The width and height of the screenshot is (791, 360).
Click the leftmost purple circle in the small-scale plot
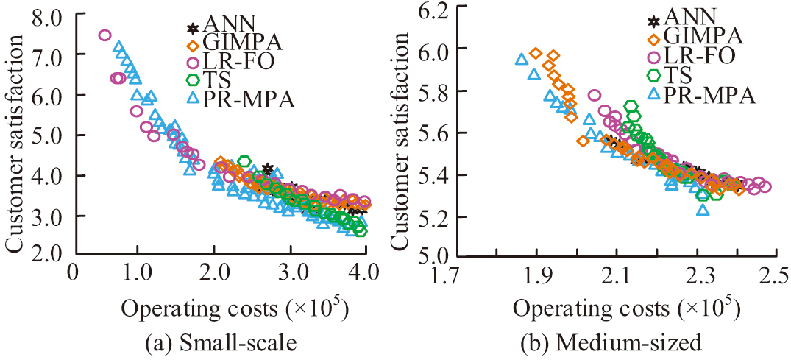104,35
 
